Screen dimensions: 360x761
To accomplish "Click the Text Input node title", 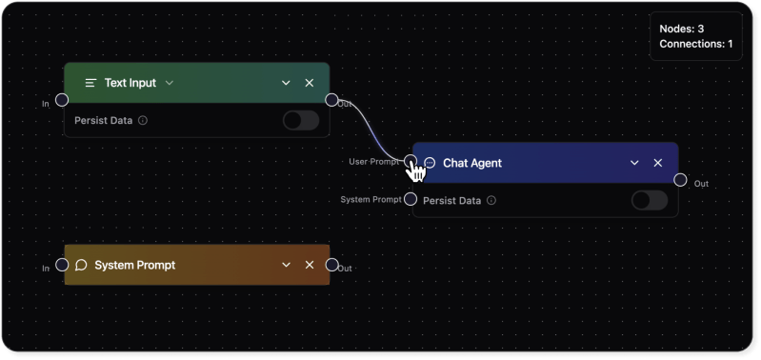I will pos(130,83).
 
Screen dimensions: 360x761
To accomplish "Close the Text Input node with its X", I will pos(310,83).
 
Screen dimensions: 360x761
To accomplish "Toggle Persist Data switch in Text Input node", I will pos(301,120).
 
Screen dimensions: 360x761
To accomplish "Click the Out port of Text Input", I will pos(331,99).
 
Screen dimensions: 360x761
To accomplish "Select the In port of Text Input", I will pos(62,100).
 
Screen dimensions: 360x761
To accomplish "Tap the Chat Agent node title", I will pos(471,163).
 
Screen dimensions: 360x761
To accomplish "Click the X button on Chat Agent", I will pos(658,163).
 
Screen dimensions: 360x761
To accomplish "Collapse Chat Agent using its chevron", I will pos(634,163).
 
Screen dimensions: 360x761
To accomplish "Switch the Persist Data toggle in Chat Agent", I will pos(650,200).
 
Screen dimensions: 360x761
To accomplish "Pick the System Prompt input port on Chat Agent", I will pos(410,199).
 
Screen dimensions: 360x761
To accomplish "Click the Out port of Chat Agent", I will pos(680,180).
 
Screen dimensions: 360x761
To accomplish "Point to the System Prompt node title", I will pos(134,265).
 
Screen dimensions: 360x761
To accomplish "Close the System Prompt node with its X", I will pos(310,265).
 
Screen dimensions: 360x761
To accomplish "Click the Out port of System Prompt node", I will pos(331,265).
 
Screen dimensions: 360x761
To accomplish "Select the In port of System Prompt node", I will pos(62,265).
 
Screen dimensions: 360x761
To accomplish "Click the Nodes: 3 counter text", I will pos(681,30).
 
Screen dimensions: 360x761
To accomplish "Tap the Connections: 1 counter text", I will pos(695,44).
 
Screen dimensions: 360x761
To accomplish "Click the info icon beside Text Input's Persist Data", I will pos(143,121).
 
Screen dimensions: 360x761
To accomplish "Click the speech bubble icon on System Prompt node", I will pos(81,265).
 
